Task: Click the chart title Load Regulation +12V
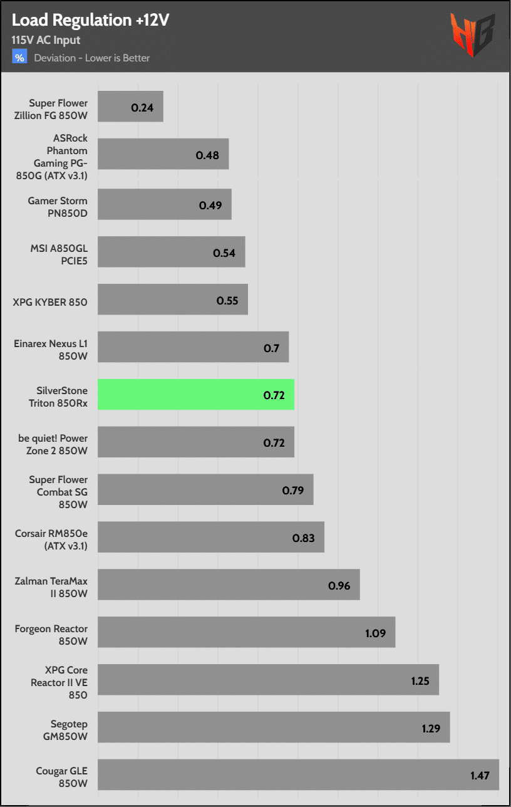[90, 20]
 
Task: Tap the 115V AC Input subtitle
[46, 40]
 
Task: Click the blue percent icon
[19, 58]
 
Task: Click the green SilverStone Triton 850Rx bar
[196, 395]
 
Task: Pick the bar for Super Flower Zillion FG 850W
[130, 107]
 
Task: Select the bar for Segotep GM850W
[274, 727]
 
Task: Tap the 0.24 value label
[142, 107]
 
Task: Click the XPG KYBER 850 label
[50, 302]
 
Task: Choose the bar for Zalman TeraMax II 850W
[229, 585]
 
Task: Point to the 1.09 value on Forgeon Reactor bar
[376, 633]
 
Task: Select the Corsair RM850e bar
[211, 538]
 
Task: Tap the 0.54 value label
[224, 253]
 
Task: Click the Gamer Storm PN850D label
[58, 206]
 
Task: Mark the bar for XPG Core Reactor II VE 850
[268, 680]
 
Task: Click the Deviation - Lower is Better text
[92, 58]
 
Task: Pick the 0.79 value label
[293, 490]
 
